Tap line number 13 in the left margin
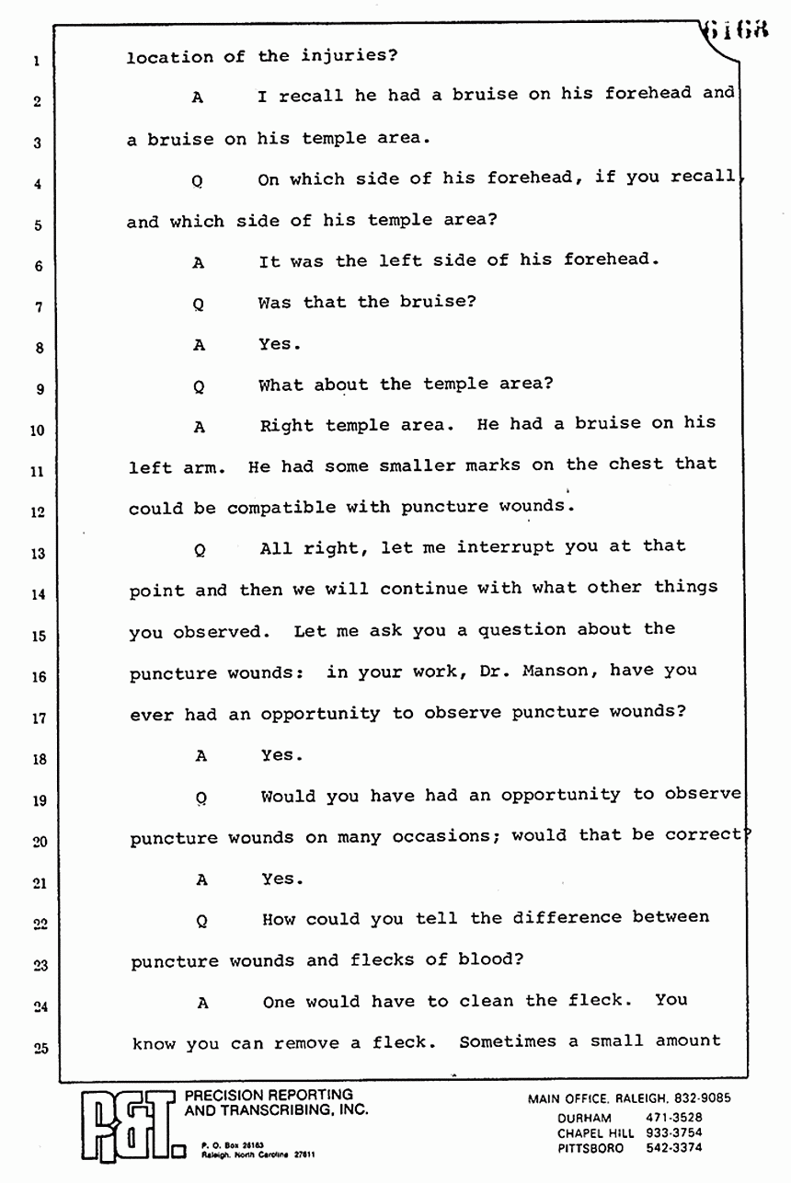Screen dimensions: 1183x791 pos(37,555)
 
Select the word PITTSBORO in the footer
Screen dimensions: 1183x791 pos(590,1149)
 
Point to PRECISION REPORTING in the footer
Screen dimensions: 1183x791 pos(269,1095)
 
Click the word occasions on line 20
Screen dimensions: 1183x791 pos(453,836)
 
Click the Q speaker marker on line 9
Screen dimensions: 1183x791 pos(198,388)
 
